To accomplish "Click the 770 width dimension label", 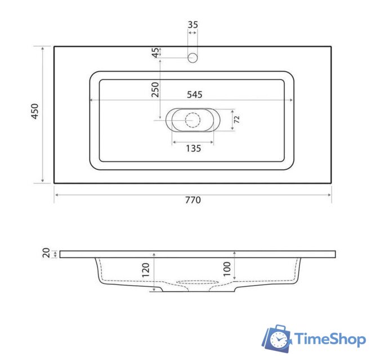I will pyautogui.click(x=192, y=200).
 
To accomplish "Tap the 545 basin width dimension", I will pyautogui.click(x=194, y=94).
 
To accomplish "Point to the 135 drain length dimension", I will pyautogui.click(x=193, y=148).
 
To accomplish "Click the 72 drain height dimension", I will pyautogui.click(x=237, y=120).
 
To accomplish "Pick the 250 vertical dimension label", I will pyautogui.click(x=155, y=90).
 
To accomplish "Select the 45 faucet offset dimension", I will pyautogui.click(x=155, y=53).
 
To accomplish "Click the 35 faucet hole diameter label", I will pyautogui.click(x=192, y=25).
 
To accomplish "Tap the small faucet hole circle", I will pyautogui.click(x=192, y=57).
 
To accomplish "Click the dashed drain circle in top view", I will pyautogui.click(x=192, y=120).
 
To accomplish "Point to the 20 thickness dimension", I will pyautogui.click(x=47, y=254).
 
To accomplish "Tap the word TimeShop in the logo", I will pyautogui.click(x=330, y=338).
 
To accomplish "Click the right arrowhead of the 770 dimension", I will pyautogui.click(x=330, y=195).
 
